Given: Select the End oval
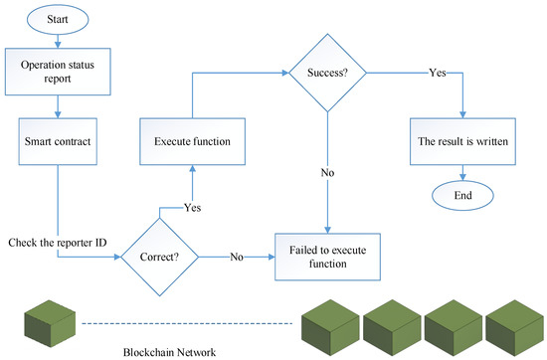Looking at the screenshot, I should pyautogui.click(x=459, y=195).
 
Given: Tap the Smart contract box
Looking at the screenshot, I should pyautogui.click(x=57, y=140).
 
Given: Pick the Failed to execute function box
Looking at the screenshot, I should pyautogui.click(x=326, y=258).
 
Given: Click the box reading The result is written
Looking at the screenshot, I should pyautogui.click(x=459, y=140).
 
